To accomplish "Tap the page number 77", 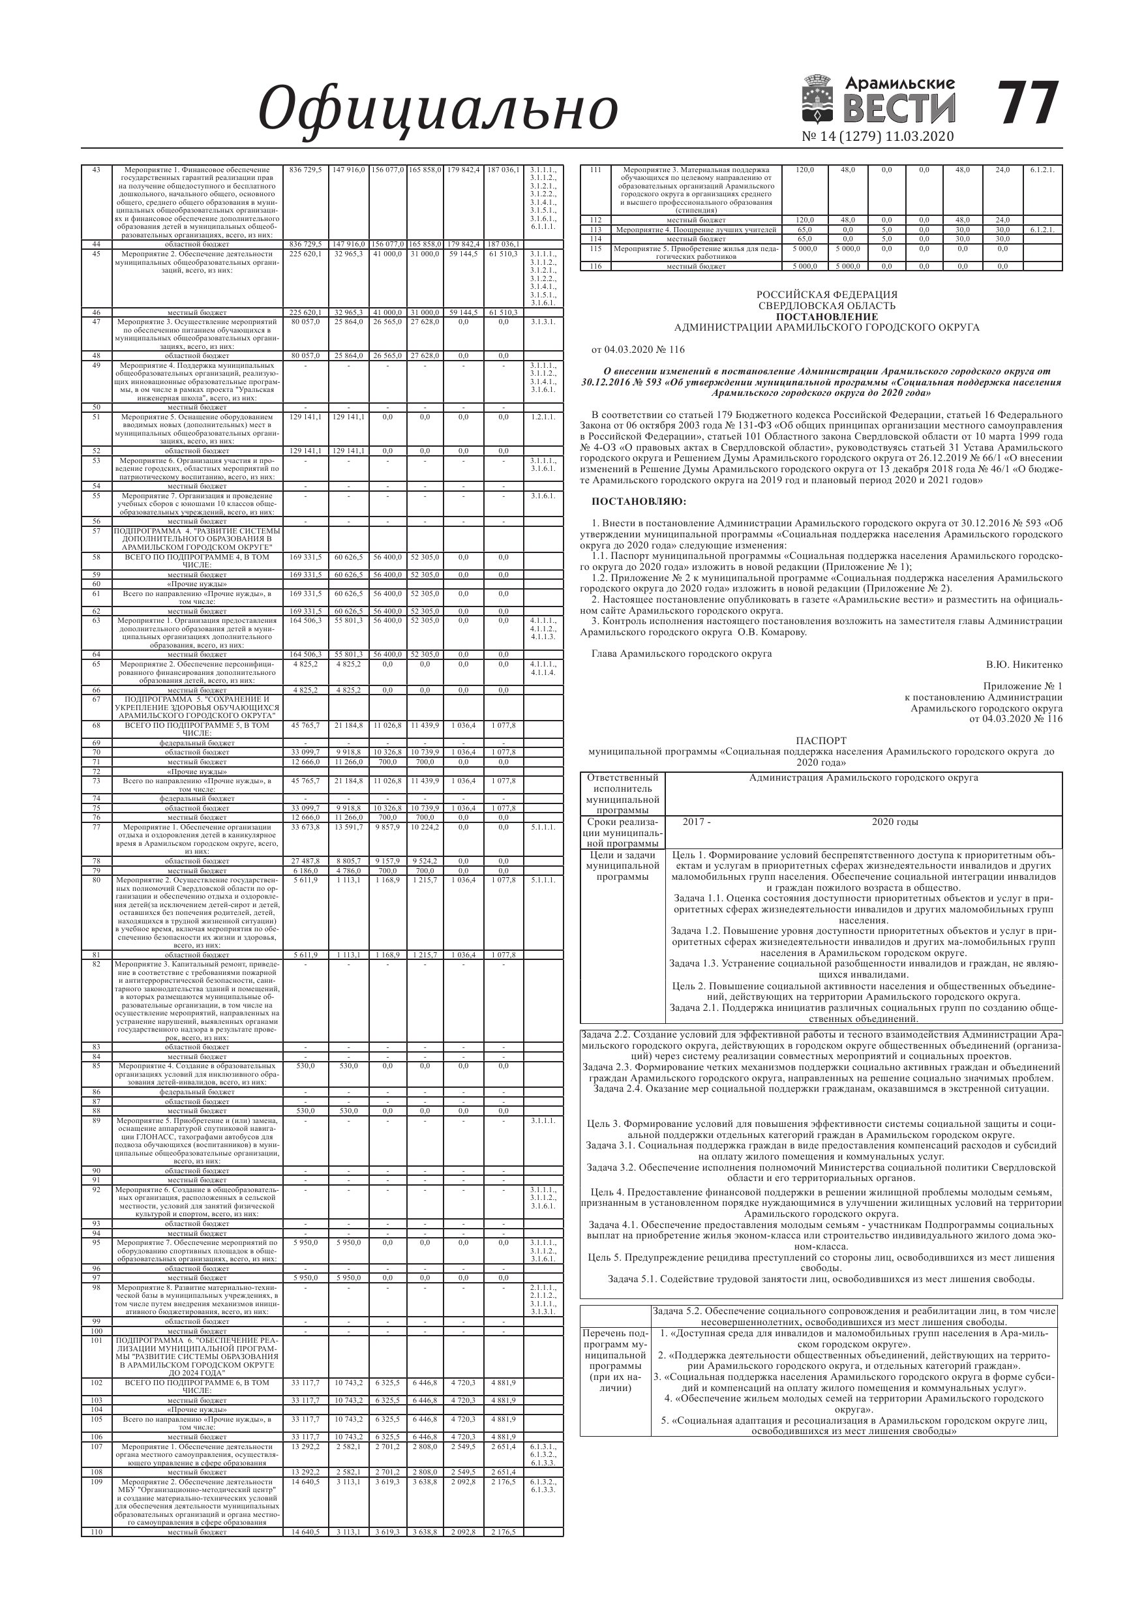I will pyautogui.click(x=1029, y=103).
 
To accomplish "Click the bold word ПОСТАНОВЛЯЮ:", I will pyautogui.click(x=639, y=502).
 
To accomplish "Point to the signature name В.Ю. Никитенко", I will pyautogui.click(x=1024, y=665).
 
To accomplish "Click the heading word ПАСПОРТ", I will pyautogui.click(x=821, y=741).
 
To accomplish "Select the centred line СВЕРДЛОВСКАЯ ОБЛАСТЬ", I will pyautogui.click(x=827, y=306).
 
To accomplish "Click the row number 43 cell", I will pyautogui.click(x=97, y=170).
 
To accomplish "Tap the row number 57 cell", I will pyautogui.click(x=97, y=530).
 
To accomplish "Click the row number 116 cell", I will pyautogui.click(x=595, y=266).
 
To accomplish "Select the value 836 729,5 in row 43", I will pyautogui.click(x=305, y=170).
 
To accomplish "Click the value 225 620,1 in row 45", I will pyautogui.click(x=305, y=254).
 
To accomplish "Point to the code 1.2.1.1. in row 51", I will pyautogui.click(x=542, y=417).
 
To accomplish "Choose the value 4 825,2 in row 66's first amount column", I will pyautogui.click(x=305, y=691).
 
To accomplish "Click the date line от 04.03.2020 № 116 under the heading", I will pyautogui.click(x=639, y=350).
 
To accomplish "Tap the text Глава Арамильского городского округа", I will pyautogui.click(x=682, y=653).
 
